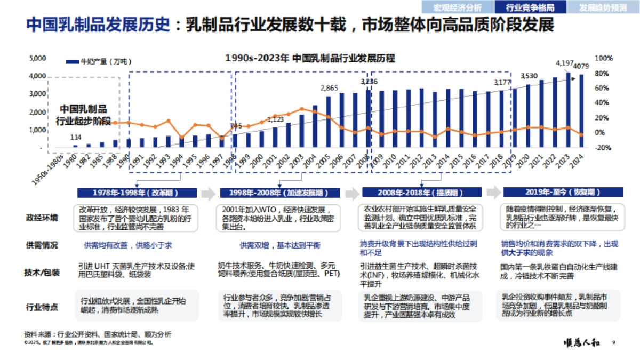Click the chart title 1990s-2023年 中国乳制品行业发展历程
click(x=310, y=58)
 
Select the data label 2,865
click(x=329, y=88)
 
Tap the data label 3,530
click(x=529, y=75)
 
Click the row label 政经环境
click(x=42, y=218)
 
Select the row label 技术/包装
click(x=42, y=273)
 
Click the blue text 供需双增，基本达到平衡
click(x=280, y=245)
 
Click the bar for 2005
click(x=329, y=122)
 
